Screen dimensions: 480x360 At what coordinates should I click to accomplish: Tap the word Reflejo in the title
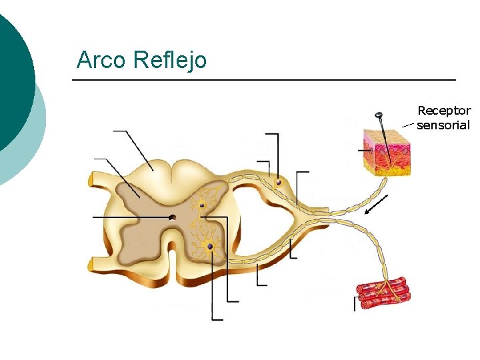[170, 60]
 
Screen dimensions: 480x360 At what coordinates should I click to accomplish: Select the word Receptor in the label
[444, 111]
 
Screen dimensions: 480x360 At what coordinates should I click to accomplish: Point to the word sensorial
[443, 125]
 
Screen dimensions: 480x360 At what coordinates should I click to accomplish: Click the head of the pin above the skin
[379, 116]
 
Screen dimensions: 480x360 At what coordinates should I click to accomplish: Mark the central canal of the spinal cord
[173, 217]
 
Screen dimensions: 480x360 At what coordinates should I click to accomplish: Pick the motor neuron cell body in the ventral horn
[210, 247]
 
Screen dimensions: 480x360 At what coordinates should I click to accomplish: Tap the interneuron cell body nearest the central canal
[200, 203]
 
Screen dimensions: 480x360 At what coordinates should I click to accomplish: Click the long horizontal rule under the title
[263, 80]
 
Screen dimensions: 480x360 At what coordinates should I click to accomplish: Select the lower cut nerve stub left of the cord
[91, 265]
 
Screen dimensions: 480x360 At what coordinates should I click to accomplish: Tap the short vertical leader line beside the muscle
[355, 303]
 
